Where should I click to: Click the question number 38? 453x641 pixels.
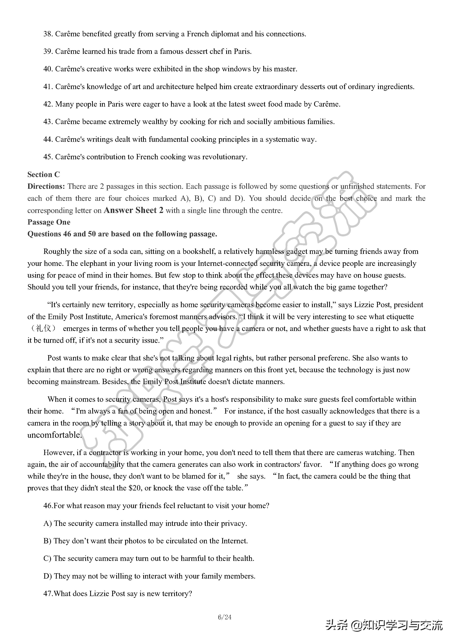[48, 34]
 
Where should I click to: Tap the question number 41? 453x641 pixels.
[48, 87]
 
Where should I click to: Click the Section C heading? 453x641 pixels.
[44, 175]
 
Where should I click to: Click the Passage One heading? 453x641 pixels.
[49, 222]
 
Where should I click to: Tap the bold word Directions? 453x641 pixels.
[46, 187]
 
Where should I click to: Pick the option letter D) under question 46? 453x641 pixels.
[47, 576]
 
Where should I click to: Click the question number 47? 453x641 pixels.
[48, 594]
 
